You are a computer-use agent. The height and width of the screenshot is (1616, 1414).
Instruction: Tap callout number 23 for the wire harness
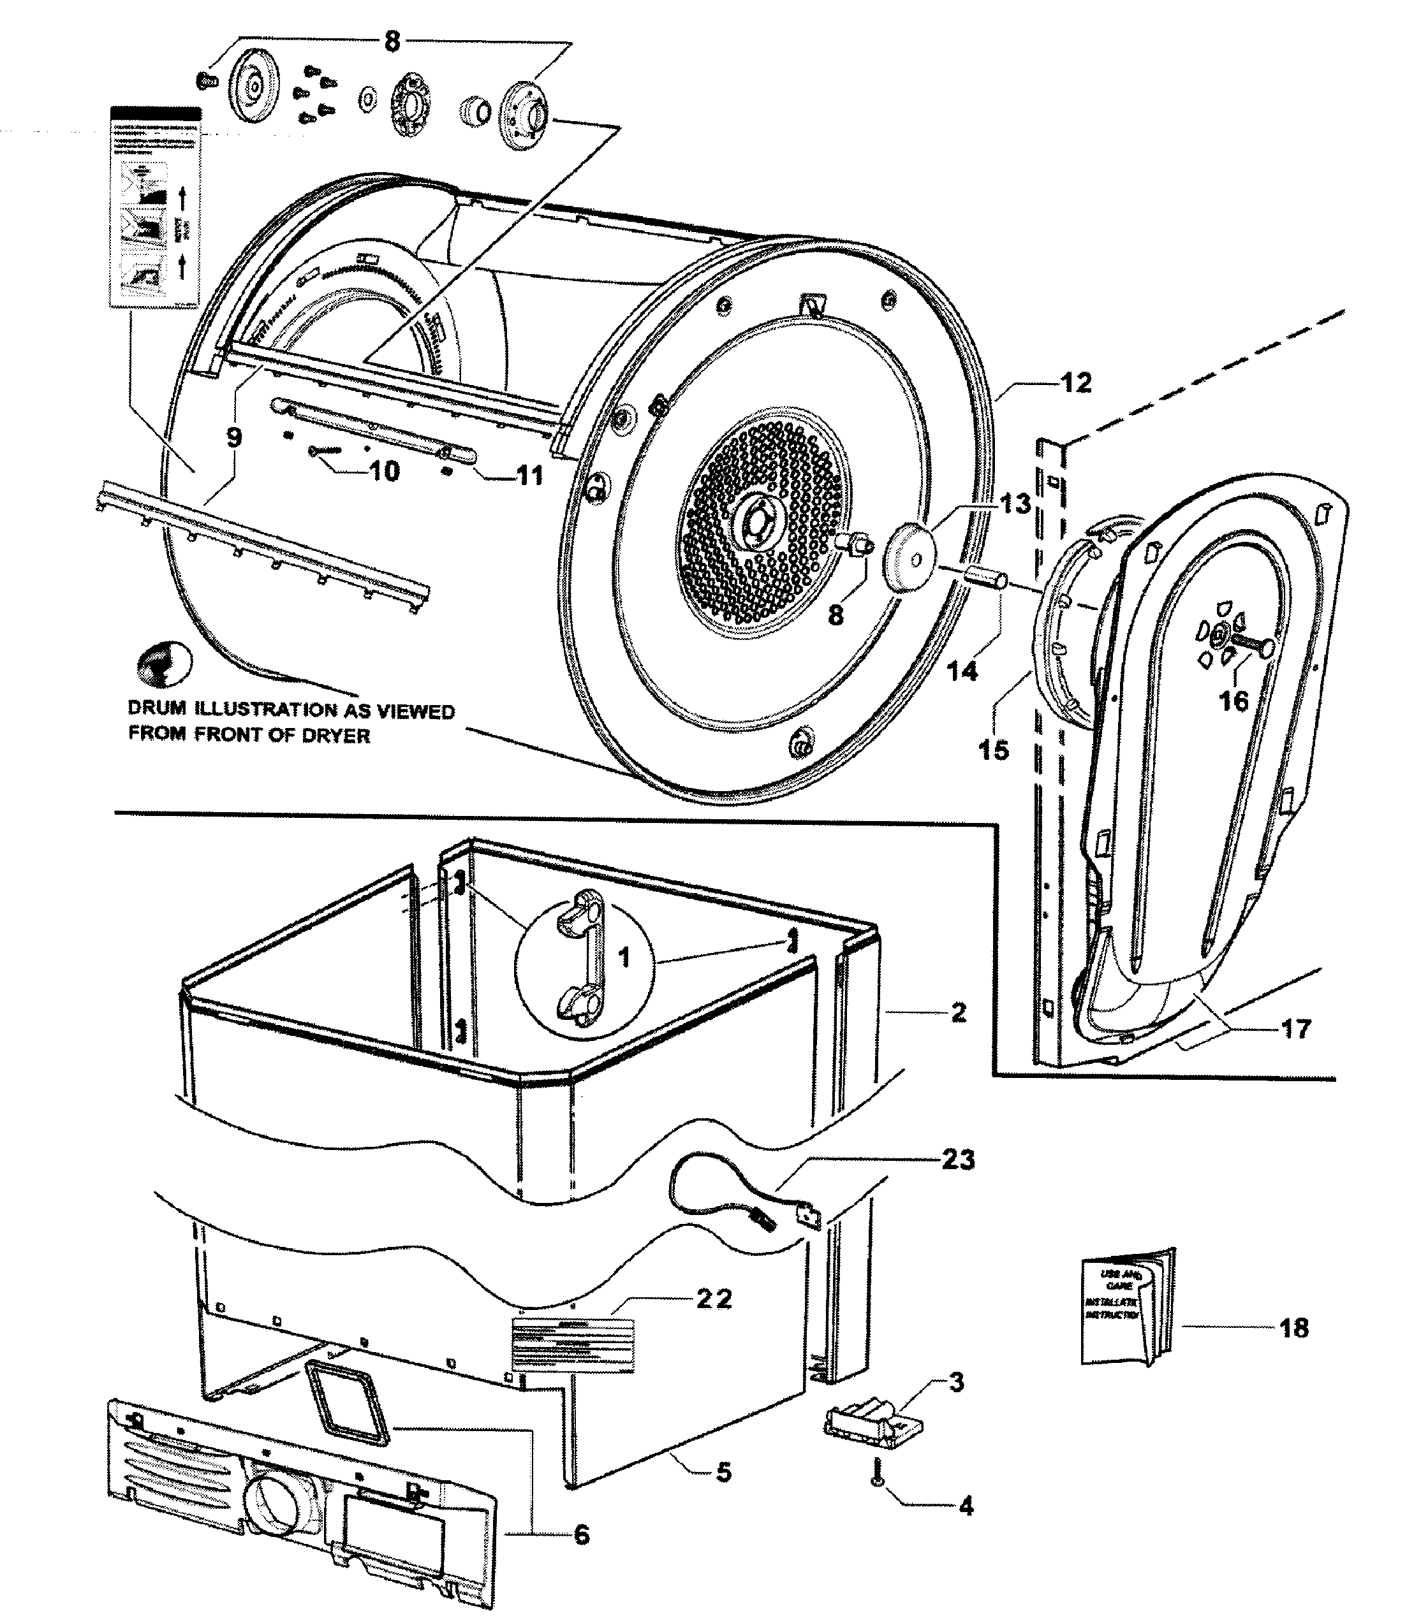point(958,1160)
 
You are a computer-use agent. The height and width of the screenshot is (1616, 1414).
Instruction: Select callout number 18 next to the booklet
point(1294,1327)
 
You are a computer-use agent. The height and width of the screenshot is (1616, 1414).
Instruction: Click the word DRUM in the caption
point(157,709)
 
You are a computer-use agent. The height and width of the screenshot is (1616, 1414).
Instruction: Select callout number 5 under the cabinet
point(723,1472)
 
